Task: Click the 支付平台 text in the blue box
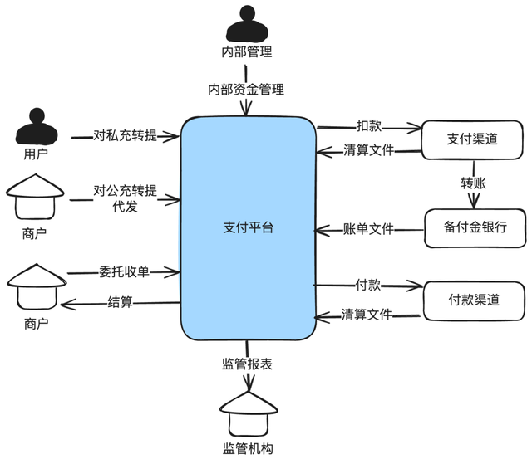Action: tap(248, 227)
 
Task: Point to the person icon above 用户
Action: tap(35, 126)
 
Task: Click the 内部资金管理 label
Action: tap(246, 89)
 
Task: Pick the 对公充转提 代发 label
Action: tap(125, 198)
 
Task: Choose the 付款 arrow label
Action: tap(368, 285)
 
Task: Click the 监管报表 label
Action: tap(247, 363)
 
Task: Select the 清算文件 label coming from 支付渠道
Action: tap(368, 151)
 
